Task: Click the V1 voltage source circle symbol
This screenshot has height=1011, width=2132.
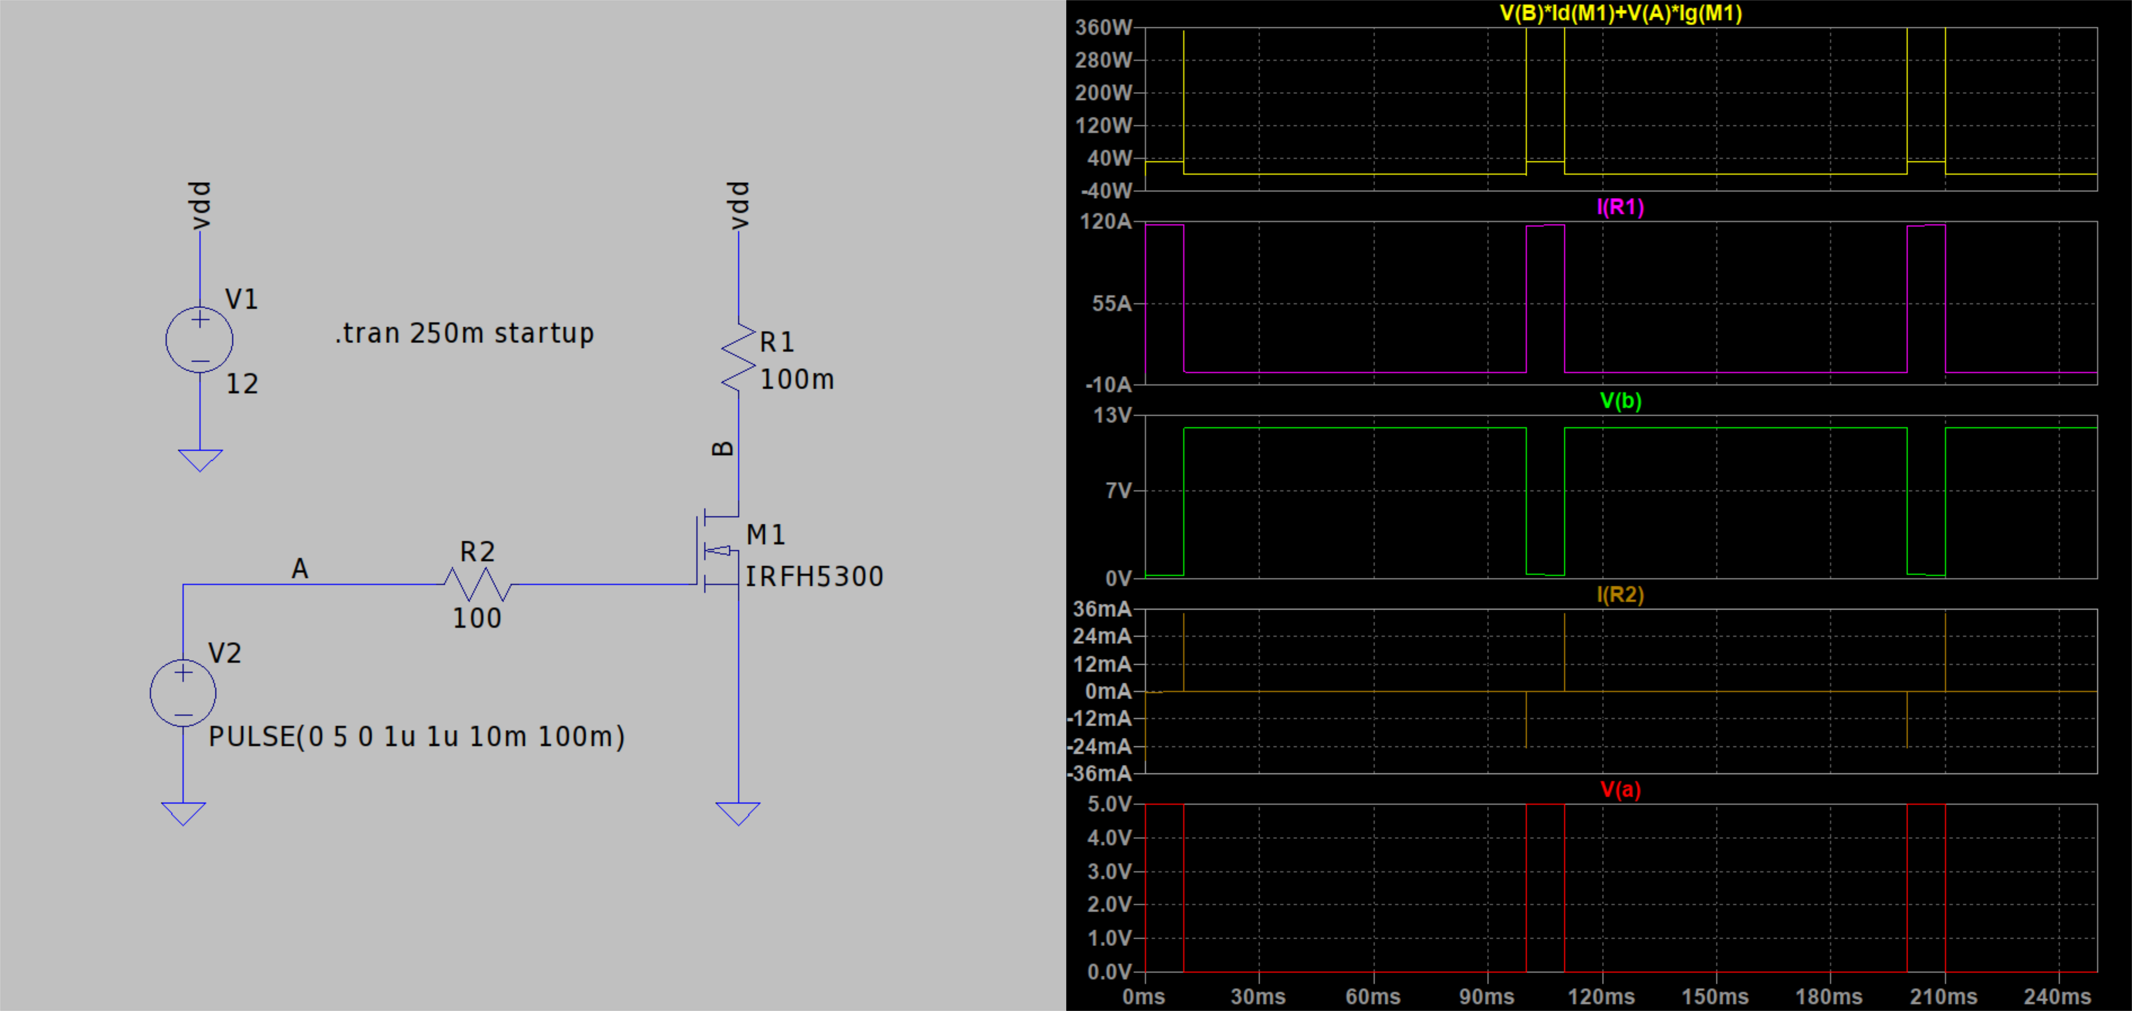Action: tap(199, 339)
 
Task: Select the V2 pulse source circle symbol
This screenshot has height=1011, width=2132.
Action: tap(183, 693)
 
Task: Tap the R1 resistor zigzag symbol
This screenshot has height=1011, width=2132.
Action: tap(738, 357)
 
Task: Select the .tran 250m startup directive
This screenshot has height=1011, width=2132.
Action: tap(464, 333)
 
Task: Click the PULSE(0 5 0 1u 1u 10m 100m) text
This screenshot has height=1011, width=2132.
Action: tap(416, 736)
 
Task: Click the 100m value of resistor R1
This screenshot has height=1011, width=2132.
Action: tap(797, 379)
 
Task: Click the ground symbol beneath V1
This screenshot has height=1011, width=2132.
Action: tap(199, 460)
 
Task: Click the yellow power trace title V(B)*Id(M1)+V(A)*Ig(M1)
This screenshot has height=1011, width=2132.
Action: tap(1620, 13)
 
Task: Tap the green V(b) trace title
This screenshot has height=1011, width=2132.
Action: tap(1620, 401)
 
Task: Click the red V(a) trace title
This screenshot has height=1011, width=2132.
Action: tap(1620, 789)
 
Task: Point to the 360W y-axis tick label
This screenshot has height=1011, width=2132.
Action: tap(1103, 27)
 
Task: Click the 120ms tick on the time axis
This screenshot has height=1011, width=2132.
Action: tap(1602, 996)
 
